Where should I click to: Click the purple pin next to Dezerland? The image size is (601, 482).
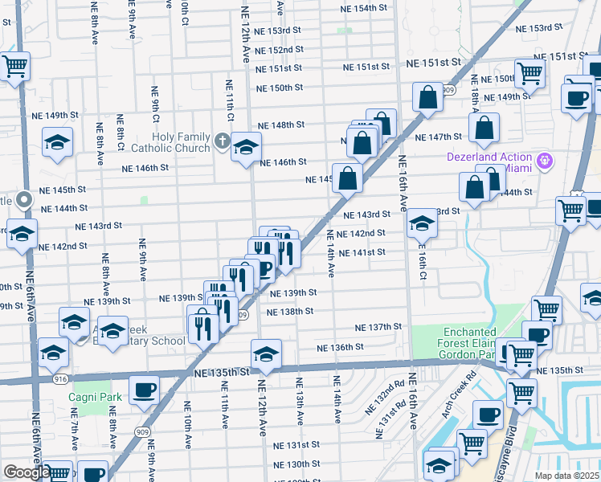click(546, 161)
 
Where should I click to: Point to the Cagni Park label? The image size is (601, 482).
click(101, 397)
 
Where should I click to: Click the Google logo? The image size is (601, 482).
click(27, 472)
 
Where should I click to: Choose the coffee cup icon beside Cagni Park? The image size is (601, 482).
click(144, 390)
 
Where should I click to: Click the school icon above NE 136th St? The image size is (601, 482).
click(266, 353)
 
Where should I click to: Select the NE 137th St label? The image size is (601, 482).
click(378, 327)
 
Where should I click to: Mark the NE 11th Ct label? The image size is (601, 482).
click(230, 100)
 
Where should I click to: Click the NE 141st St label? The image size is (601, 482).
click(362, 252)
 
